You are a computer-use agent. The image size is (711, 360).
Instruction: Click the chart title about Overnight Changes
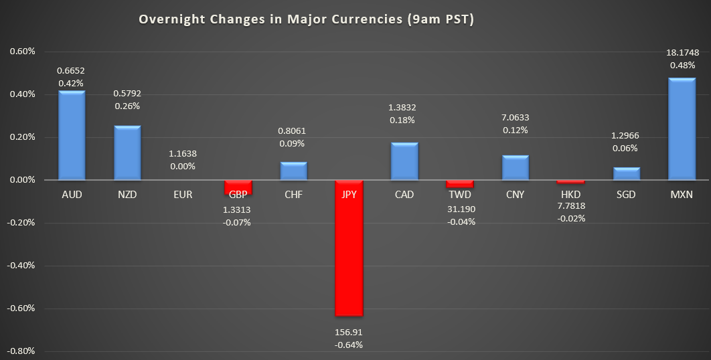(306, 19)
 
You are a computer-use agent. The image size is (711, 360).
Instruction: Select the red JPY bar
(349, 248)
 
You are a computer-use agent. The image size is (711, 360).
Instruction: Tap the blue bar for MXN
(682, 129)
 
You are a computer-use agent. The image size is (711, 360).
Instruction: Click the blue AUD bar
(71, 136)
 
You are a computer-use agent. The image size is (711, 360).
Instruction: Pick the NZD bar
(127, 153)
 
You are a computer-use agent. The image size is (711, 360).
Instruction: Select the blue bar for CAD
(404, 161)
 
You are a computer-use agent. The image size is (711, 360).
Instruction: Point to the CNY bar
(516, 167)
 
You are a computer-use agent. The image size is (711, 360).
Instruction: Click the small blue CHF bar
(293, 171)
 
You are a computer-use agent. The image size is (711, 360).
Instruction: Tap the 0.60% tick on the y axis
(21, 52)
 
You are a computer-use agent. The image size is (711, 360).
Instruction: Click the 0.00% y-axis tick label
(21, 180)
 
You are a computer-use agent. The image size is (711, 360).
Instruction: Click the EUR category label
(182, 195)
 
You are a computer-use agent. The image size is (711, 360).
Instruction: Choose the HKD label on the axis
(571, 195)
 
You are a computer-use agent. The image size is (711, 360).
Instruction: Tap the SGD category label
(626, 195)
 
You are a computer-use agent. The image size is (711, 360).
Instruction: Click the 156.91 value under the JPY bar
(349, 332)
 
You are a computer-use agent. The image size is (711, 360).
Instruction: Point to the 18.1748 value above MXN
(682, 53)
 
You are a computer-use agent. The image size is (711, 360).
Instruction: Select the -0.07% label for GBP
(238, 222)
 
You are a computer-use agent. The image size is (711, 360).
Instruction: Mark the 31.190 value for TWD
(460, 209)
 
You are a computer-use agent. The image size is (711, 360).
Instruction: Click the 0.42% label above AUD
(71, 83)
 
